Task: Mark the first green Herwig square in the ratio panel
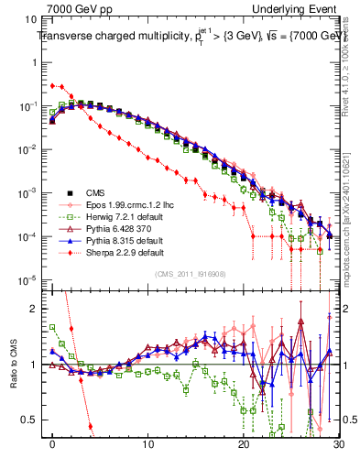pos(53,326)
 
